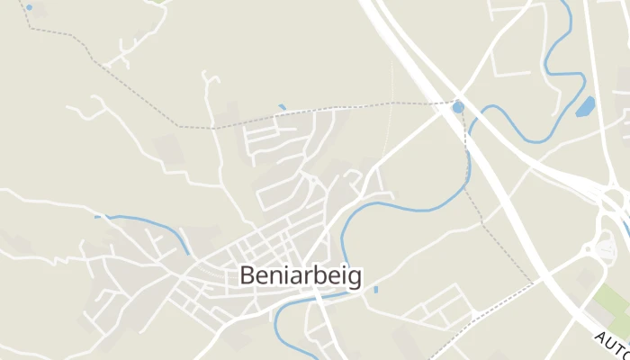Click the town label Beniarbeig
[x=301, y=276]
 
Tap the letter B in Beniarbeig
[x=247, y=276]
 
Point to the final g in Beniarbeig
[x=355, y=279]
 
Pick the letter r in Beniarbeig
[x=306, y=277]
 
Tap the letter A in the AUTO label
[x=599, y=337]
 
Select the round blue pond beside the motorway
[x=458, y=107]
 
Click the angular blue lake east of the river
[x=586, y=107]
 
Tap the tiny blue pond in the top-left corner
[x=29, y=7]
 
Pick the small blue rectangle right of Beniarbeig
[x=375, y=289]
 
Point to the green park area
[x=615, y=306]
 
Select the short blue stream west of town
[x=144, y=221]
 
